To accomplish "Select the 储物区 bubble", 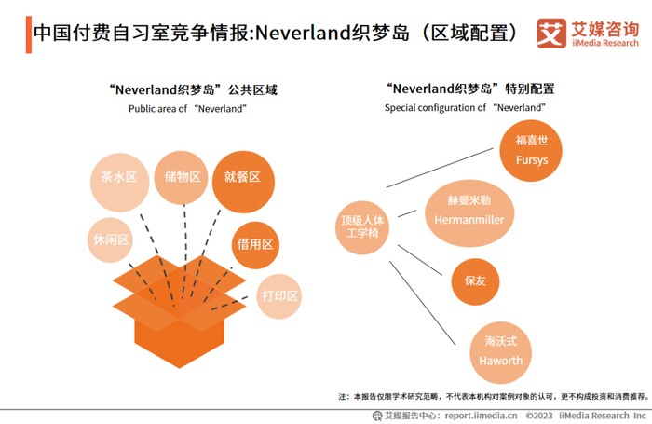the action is (x=182, y=177).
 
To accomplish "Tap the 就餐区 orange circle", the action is (x=243, y=179).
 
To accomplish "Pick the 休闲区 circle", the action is (x=111, y=239).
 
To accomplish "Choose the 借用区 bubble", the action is (x=254, y=244).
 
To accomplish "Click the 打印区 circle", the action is (x=279, y=296).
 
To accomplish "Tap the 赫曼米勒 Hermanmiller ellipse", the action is (x=469, y=211).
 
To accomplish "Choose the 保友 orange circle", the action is (x=475, y=281).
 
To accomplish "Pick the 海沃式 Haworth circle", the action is (x=501, y=350).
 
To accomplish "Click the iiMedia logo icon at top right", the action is (x=551, y=34).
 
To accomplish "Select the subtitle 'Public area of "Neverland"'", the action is (x=187, y=109).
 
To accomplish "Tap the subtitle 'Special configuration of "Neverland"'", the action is (x=465, y=108).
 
